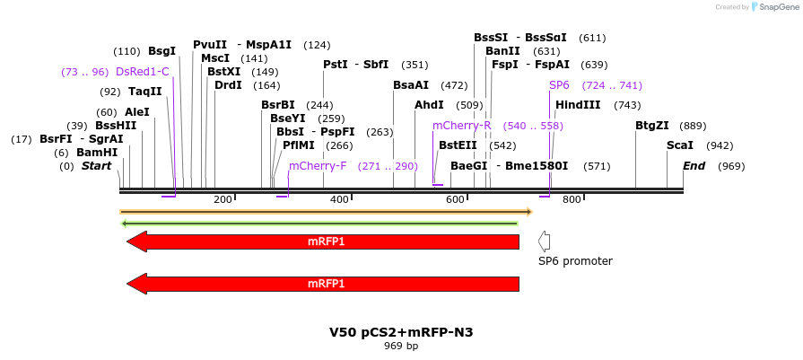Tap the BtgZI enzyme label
pyautogui.click(x=652, y=126)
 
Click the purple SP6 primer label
pyautogui.click(x=559, y=85)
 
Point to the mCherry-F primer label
pyautogui.click(x=318, y=166)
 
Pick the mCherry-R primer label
pyautogui.click(x=462, y=126)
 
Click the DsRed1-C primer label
pyautogui.click(x=142, y=72)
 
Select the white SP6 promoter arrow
pyautogui.click(x=544, y=241)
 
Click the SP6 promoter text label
pyautogui.click(x=575, y=261)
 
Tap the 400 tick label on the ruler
pyautogui.click(x=339, y=199)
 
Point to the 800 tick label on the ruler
pyautogui.click(x=572, y=199)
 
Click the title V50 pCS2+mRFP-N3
pyautogui.click(x=401, y=332)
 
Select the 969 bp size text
pyautogui.click(x=401, y=346)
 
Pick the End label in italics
pyautogui.click(x=694, y=166)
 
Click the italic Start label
pyautogui.click(x=96, y=166)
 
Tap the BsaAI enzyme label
pyautogui.click(x=411, y=85)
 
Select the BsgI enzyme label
pyautogui.click(x=162, y=51)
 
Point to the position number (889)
pyautogui.click(x=693, y=126)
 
